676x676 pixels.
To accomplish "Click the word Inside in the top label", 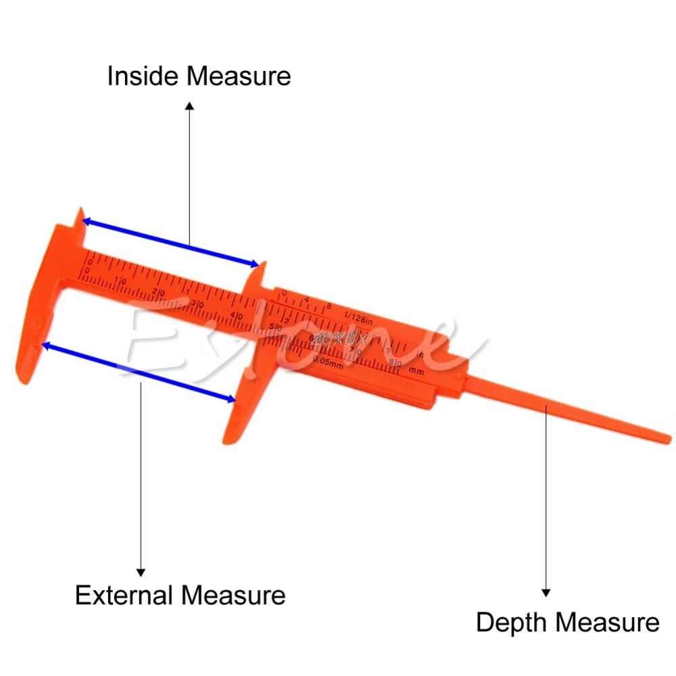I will coord(144,76).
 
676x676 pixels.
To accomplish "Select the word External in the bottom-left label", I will coord(125,596).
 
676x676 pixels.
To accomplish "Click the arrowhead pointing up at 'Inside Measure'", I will coord(190,106).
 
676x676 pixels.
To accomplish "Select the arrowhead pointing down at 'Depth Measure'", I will coord(546,592).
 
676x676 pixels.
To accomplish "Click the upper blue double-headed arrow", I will coord(171,241).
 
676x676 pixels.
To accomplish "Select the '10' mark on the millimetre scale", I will coord(122,281).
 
